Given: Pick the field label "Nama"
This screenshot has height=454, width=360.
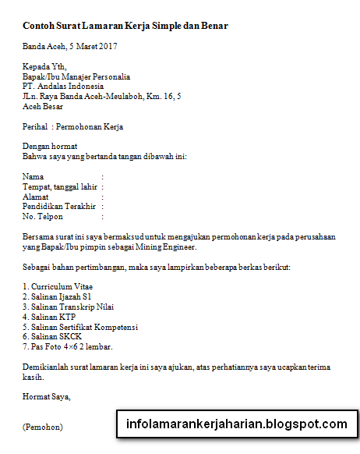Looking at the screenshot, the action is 34,177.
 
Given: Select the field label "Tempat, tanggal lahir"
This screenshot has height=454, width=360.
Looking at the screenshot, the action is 60,187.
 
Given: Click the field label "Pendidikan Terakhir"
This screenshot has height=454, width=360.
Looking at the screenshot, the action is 59,207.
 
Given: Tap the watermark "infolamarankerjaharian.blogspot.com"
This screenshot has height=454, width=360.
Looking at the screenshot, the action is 236,425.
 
